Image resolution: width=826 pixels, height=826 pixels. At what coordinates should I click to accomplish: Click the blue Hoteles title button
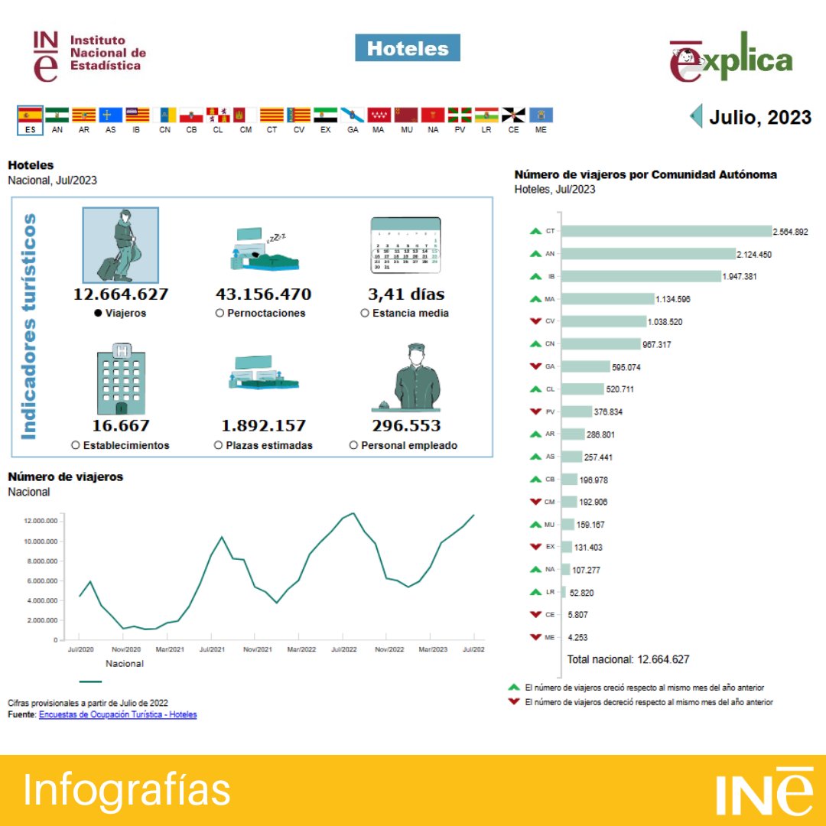(x=408, y=48)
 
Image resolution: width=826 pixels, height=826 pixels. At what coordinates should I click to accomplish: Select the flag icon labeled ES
(x=30, y=115)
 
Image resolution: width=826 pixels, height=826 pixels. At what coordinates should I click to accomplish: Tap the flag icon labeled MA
(x=379, y=115)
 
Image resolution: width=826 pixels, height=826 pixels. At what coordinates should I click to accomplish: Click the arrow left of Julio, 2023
(x=696, y=116)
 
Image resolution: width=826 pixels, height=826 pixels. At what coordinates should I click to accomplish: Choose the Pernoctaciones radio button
(x=220, y=313)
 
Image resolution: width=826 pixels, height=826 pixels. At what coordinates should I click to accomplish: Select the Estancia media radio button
(x=365, y=313)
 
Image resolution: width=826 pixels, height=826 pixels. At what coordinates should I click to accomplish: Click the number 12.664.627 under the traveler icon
(x=121, y=294)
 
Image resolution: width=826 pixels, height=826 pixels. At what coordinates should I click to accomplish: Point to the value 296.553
(x=406, y=426)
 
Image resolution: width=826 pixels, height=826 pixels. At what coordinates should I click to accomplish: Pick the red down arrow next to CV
(x=535, y=321)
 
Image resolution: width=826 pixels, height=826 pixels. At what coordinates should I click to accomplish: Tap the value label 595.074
(x=626, y=367)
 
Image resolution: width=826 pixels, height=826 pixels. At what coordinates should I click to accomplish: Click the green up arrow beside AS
(x=535, y=457)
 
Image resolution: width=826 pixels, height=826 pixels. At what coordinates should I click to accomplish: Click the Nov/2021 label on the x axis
(x=258, y=649)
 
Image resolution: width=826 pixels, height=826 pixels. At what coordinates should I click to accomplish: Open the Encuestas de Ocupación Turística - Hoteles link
(x=118, y=714)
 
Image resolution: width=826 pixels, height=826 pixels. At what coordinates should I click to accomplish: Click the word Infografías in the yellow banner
(x=127, y=789)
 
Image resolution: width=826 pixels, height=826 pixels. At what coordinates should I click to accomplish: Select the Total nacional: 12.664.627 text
(x=628, y=659)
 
